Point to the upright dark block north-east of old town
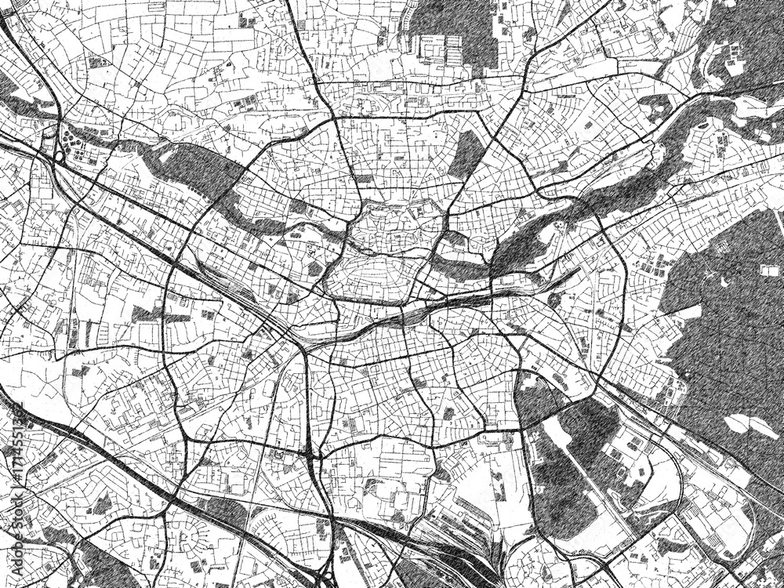tap(467, 153)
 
